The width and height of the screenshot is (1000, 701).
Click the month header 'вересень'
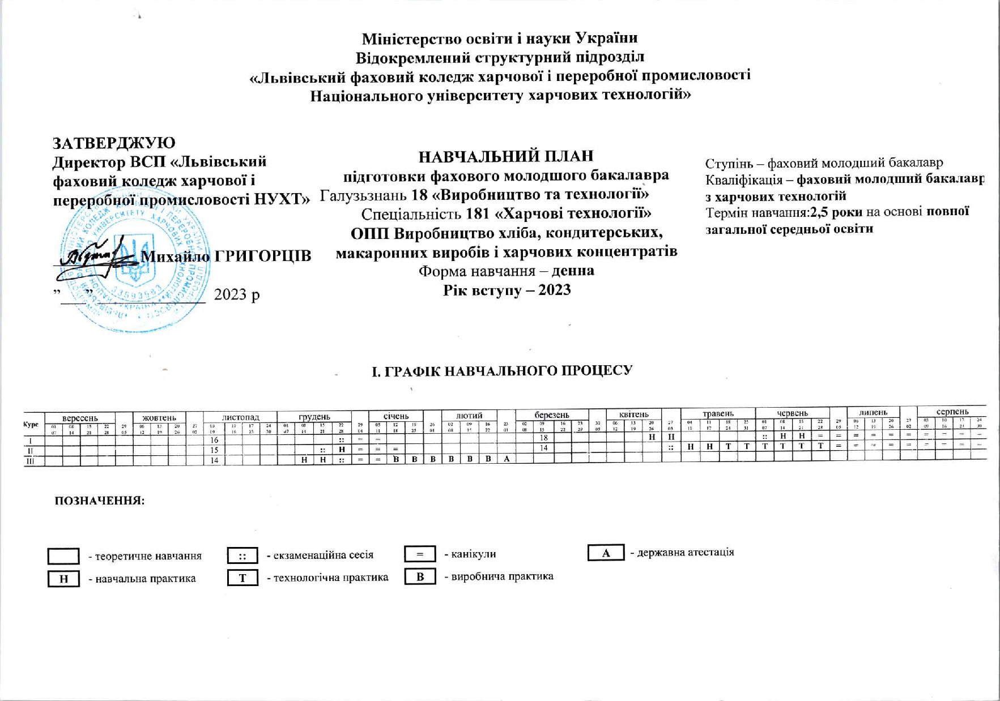pos(79,418)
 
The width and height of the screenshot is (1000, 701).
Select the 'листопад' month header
pos(240,417)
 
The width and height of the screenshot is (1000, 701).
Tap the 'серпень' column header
pos(952,412)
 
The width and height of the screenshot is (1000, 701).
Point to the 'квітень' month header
pos(633,414)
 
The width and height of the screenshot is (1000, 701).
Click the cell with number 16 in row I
pos(214,440)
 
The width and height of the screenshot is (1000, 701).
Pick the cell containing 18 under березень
pos(543,438)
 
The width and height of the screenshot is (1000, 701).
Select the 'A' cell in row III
pos(507,459)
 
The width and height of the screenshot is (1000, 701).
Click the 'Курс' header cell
pos(31,424)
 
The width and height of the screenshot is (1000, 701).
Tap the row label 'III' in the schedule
pos(31,461)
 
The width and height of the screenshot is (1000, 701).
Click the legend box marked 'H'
pos(63,579)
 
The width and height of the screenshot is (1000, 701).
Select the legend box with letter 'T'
pos(242,578)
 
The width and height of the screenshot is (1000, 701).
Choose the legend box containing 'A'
pos(606,553)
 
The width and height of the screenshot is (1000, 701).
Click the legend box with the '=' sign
pos(420,554)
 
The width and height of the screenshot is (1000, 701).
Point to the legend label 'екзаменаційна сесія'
pos(320,555)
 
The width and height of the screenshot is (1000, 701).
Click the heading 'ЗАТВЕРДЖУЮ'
pos(114,143)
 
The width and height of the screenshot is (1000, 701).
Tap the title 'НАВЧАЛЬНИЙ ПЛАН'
pos(506,156)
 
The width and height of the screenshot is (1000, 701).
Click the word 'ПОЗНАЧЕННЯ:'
pos(100,501)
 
